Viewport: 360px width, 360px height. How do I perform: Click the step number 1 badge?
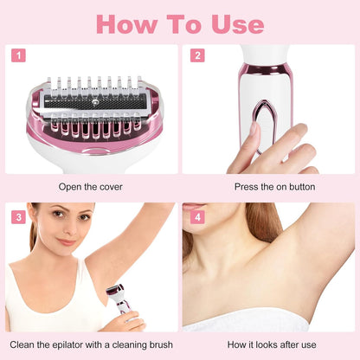(19, 55)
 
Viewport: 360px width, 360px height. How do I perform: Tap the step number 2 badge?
(198, 55)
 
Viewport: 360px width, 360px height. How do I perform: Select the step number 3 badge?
(19, 216)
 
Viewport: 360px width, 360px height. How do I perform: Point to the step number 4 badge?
(198, 216)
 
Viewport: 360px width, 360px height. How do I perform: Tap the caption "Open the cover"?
(91, 186)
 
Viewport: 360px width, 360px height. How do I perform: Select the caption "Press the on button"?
(268, 186)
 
